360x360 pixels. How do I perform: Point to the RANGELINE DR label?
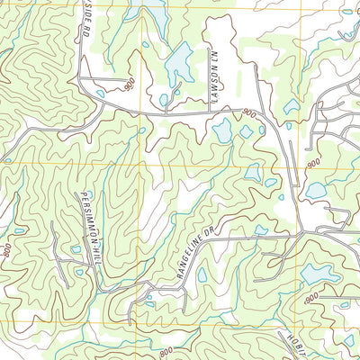tap(190, 252)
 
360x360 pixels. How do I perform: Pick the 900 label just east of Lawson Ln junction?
tap(248, 113)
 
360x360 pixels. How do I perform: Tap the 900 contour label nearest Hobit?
tap(312, 298)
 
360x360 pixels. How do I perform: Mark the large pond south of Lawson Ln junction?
tap(220, 130)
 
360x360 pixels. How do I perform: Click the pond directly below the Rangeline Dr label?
tap(202, 274)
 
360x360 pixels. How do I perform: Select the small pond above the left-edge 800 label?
tap(19, 230)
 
